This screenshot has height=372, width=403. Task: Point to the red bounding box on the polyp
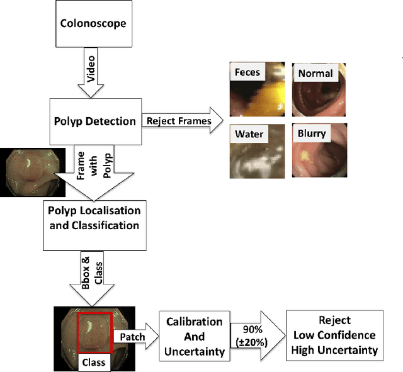pos(94,334)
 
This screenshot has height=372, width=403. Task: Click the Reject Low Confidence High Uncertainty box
pos(334,335)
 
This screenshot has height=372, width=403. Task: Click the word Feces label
pos(247,72)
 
